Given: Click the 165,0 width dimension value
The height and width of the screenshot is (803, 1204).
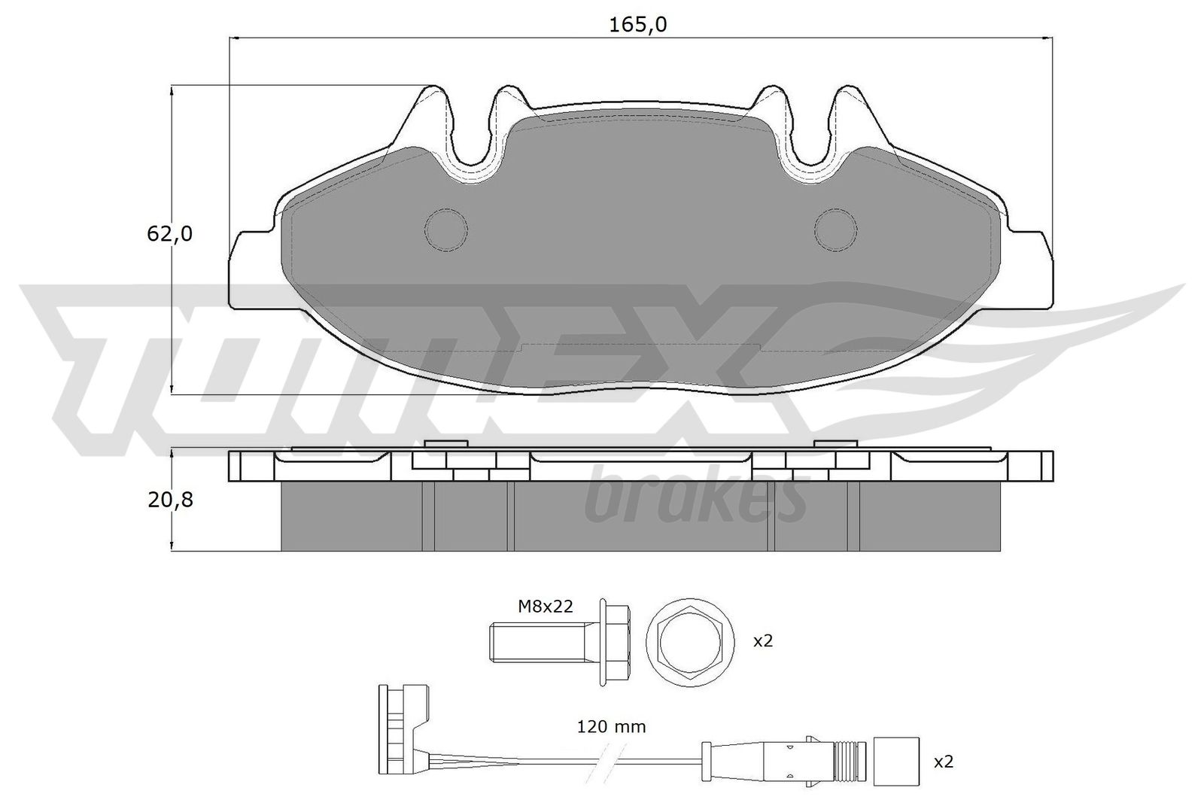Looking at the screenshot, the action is pyautogui.click(x=637, y=25).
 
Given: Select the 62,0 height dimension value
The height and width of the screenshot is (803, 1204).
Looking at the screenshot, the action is pyautogui.click(x=170, y=234).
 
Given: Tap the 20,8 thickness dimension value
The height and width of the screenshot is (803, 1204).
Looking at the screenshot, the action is pyautogui.click(x=170, y=500).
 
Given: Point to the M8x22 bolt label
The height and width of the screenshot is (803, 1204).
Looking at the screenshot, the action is pyautogui.click(x=546, y=607).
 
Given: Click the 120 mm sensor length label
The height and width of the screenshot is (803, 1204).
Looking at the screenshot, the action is pyautogui.click(x=611, y=727).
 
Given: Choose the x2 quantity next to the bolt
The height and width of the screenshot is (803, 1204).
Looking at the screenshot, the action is pyautogui.click(x=763, y=640).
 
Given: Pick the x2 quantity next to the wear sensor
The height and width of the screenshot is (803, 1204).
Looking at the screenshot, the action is pyautogui.click(x=944, y=762).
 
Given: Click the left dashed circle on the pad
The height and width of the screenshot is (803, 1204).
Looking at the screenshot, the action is pyautogui.click(x=445, y=230).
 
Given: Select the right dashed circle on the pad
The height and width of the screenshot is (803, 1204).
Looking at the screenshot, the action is pyautogui.click(x=835, y=230).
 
